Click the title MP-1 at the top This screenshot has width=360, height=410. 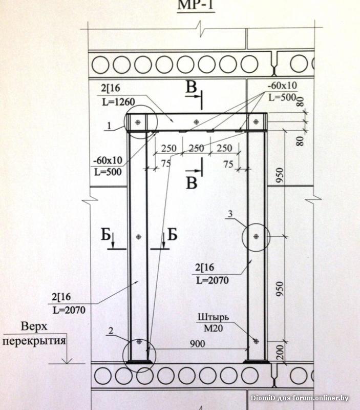coord(195,5)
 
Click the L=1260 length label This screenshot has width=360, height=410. coord(118,101)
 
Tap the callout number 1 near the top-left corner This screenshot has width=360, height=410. coord(109,125)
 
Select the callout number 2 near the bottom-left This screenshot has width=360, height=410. coord(110,331)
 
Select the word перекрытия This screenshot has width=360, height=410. coord(34,339)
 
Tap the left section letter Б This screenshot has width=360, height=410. coord(106,235)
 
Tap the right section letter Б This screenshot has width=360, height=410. coord(172,235)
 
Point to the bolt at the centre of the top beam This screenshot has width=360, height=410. coord(196,122)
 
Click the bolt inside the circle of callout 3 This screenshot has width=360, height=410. coord(256,236)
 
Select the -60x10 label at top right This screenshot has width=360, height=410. coord(282,85)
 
